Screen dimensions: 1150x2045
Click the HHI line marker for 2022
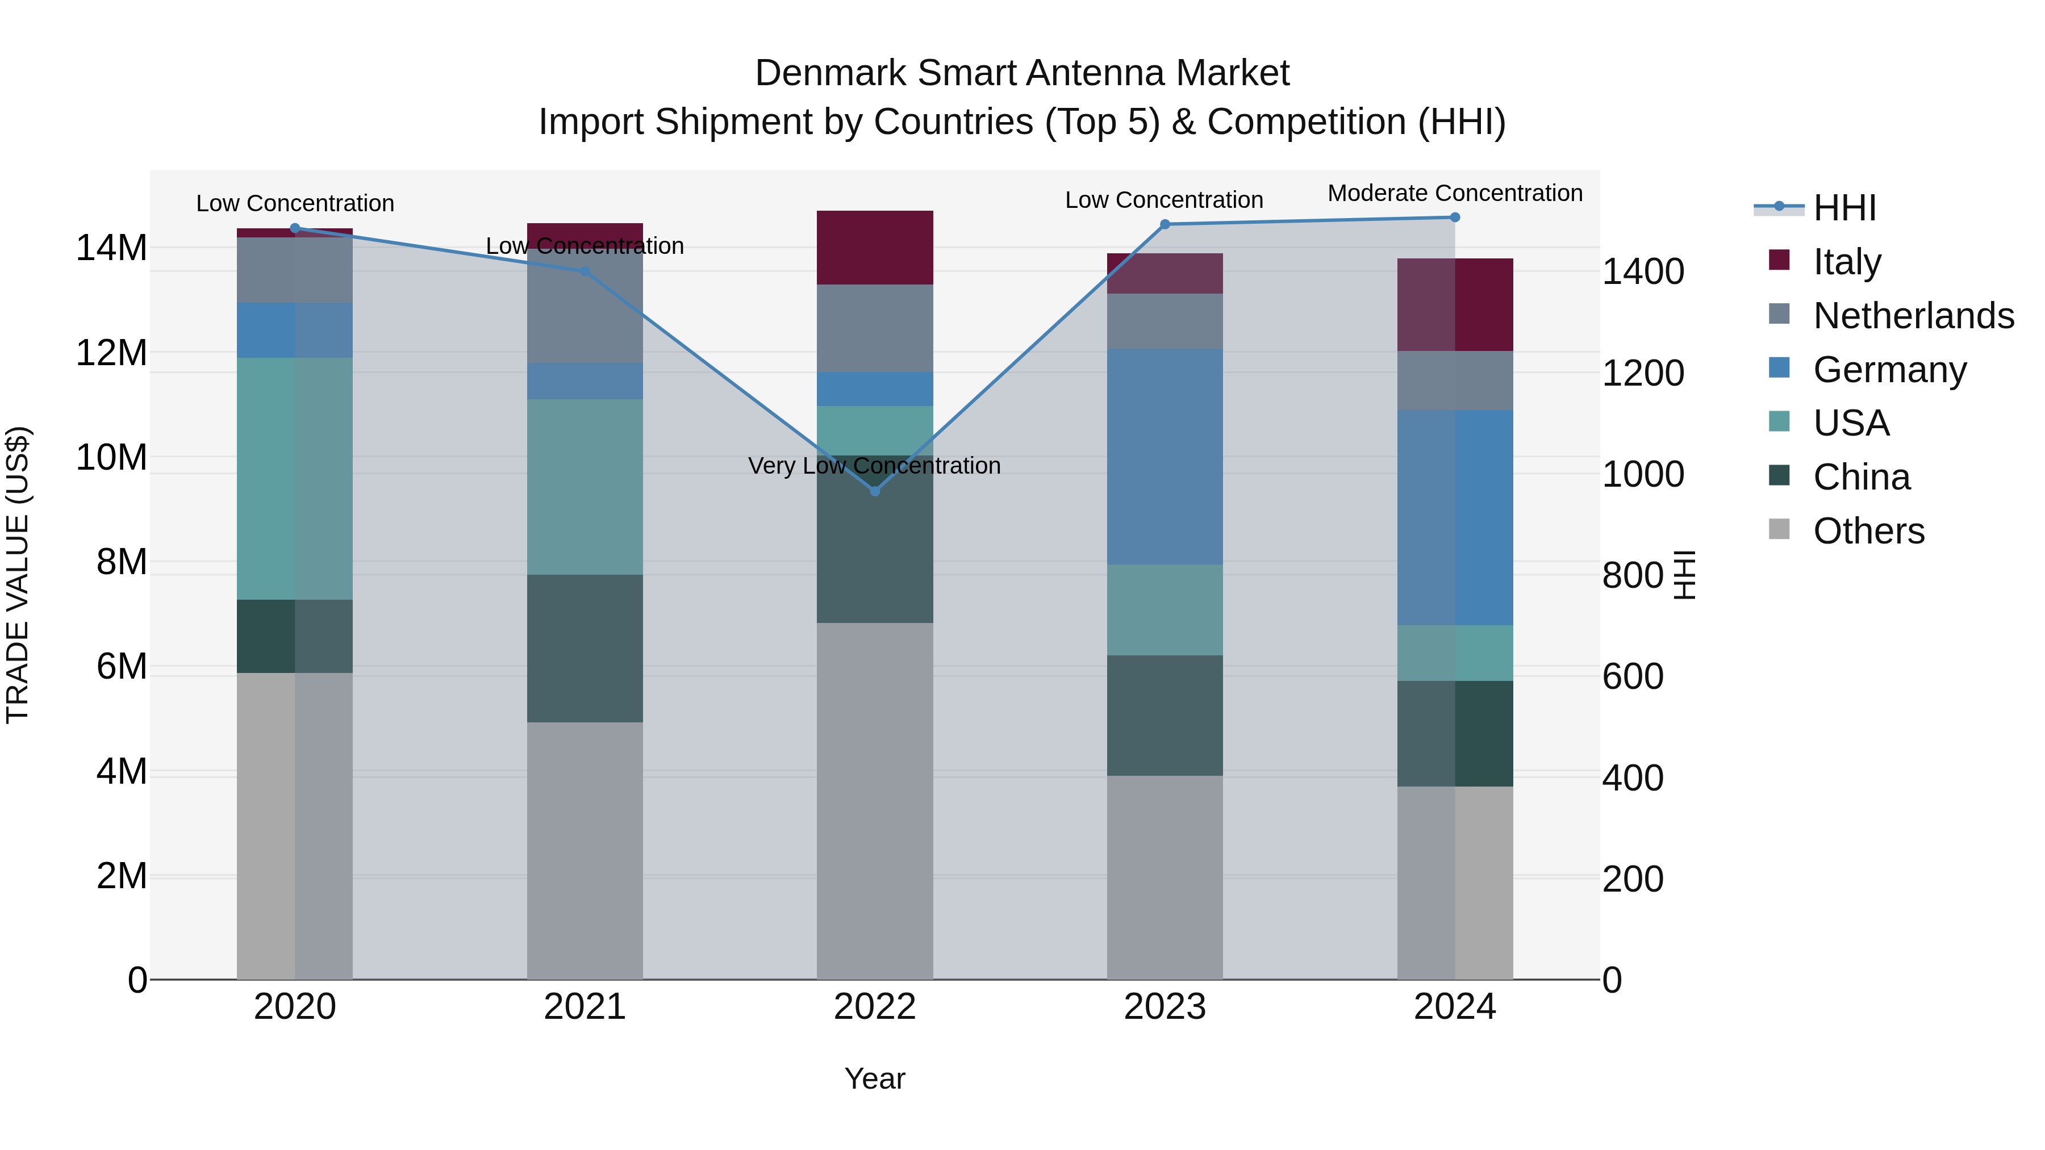point(875,491)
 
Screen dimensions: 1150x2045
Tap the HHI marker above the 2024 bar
point(1454,218)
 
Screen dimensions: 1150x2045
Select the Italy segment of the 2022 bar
point(875,248)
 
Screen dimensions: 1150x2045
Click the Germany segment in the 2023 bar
point(1165,457)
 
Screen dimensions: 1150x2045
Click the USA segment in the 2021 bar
point(585,487)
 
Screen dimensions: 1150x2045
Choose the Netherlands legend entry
point(1913,316)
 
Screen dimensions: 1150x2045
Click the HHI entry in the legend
point(1844,208)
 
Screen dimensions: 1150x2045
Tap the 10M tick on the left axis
point(111,458)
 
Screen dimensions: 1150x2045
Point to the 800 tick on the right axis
point(1632,575)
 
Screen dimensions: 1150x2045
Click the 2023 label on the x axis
point(1165,1007)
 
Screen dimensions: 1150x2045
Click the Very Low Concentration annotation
point(874,466)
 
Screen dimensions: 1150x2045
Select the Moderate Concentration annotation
point(1454,194)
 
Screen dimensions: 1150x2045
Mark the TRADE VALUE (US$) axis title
point(18,575)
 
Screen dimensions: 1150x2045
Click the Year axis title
point(875,1078)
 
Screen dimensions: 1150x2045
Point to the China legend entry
point(1861,477)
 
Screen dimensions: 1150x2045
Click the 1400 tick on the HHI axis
point(1642,271)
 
